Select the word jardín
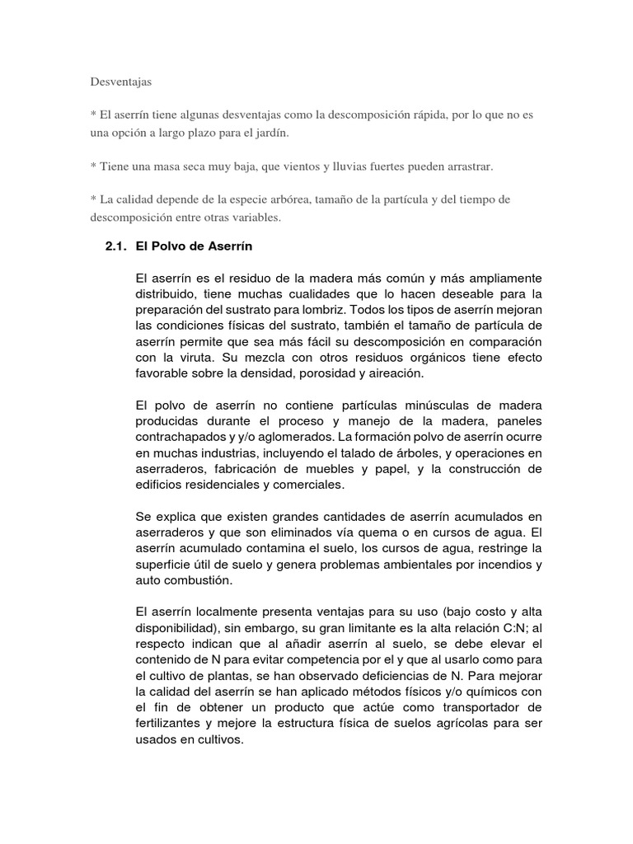[x=271, y=133]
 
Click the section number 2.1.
[x=114, y=246]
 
